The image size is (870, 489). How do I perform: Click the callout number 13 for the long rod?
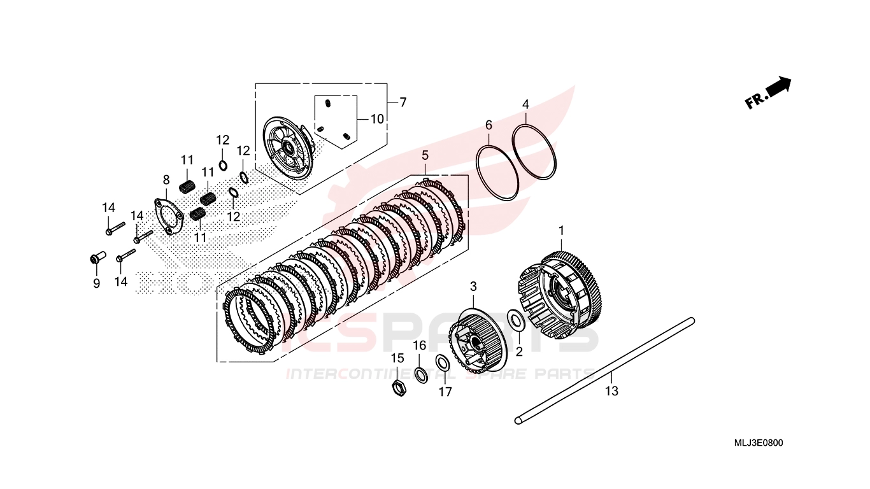611,392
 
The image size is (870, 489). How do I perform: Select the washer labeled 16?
420,374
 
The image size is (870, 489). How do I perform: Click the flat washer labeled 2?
516,320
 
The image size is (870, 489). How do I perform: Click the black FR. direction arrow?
778,87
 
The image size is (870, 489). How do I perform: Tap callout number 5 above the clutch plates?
425,155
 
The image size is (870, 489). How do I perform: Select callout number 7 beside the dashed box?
403,102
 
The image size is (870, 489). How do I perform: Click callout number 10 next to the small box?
377,119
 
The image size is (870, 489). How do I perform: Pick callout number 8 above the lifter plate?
166,180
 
